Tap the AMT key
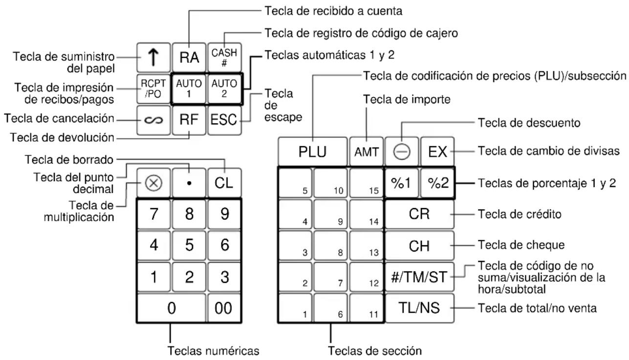366,152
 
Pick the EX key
436,152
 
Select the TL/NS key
420,308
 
